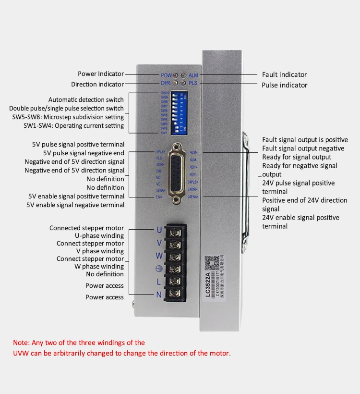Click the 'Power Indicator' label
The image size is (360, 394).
point(101,74)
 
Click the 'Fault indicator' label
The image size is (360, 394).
point(284,74)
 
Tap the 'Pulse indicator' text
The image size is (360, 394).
point(284,85)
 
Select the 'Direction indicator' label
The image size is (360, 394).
point(97,85)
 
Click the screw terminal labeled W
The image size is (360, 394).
point(176,256)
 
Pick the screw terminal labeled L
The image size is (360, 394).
point(176,282)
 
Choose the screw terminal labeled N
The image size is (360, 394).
point(176,294)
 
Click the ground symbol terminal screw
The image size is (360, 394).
point(176,269)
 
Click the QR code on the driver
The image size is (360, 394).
point(208,262)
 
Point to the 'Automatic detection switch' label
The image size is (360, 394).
point(86,100)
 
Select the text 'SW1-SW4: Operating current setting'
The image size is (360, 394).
point(74,126)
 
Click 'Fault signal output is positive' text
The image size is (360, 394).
point(305,140)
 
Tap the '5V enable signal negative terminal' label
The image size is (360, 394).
point(75,205)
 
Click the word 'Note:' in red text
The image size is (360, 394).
point(21,343)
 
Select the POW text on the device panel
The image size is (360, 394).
point(166,75)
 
